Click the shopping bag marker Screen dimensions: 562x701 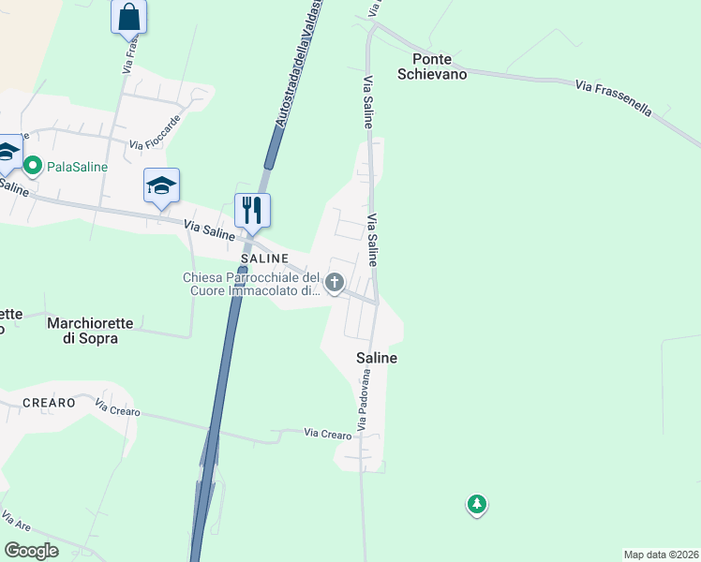(128, 17)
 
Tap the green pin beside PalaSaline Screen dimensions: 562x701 (33, 167)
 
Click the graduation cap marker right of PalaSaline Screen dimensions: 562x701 (161, 185)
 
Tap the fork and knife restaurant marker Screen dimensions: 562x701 (251, 209)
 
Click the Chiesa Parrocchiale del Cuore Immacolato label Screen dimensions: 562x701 (252, 284)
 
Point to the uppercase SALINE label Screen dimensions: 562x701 (262, 257)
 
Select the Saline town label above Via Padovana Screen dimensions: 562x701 (377, 358)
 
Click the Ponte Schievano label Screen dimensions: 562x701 (433, 66)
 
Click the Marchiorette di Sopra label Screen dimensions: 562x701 (90, 331)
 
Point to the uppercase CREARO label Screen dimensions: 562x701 (48, 403)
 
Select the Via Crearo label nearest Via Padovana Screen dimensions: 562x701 (327, 432)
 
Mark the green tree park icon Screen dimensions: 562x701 (477, 505)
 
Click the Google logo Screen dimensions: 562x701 (32, 551)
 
